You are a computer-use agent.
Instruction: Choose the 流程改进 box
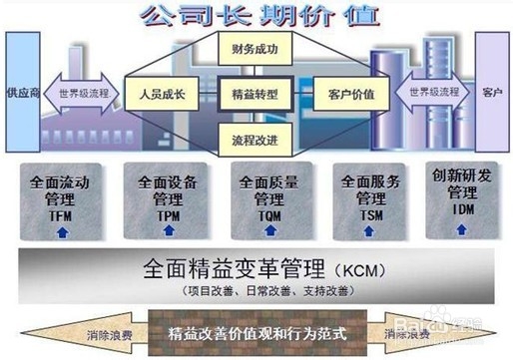pos(256,138)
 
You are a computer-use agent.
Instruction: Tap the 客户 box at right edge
pos(491,93)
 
